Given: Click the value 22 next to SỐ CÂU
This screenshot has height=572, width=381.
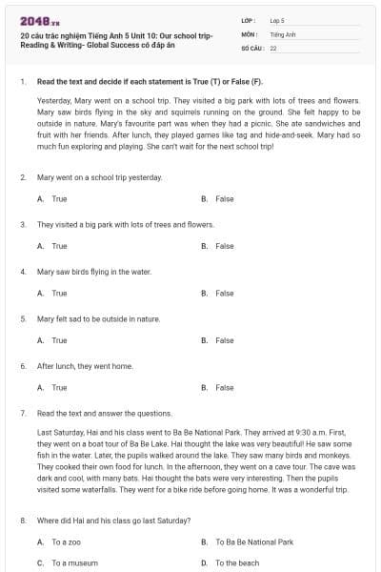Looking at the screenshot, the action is pyautogui.click(x=273, y=47).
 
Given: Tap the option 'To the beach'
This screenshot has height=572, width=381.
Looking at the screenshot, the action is pyautogui.click(x=237, y=562).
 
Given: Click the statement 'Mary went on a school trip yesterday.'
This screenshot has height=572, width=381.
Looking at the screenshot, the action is pyautogui.click(x=100, y=177).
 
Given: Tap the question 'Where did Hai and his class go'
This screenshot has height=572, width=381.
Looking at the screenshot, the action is pyautogui.click(x=113, y=520).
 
